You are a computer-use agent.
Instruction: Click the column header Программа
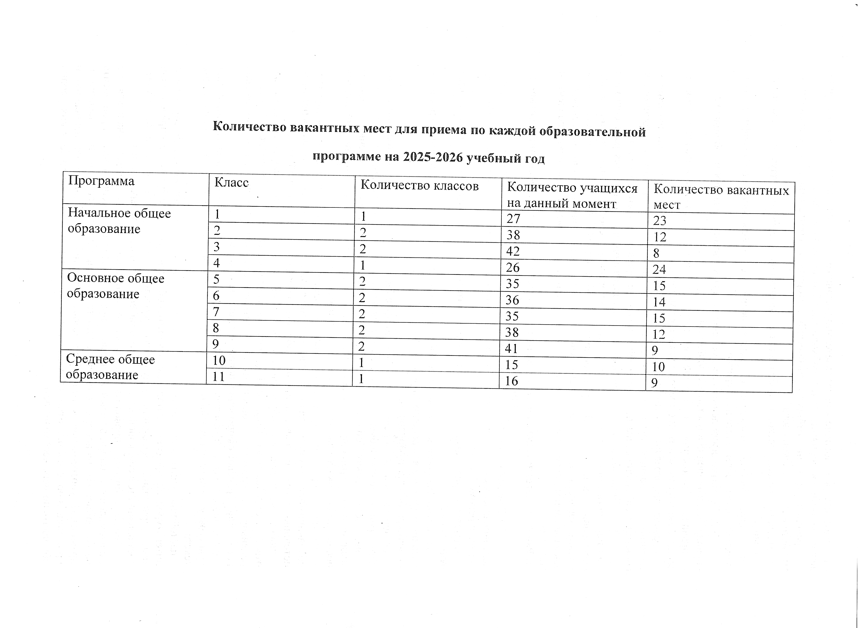pos(101,181)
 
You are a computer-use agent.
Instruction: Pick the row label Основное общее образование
pos(116,286)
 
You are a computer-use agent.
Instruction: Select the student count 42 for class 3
pos(513,251)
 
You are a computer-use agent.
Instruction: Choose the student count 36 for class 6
pos(512,300)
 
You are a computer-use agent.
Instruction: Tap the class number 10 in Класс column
pos(219,360)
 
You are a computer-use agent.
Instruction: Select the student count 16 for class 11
pos(511,381)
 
